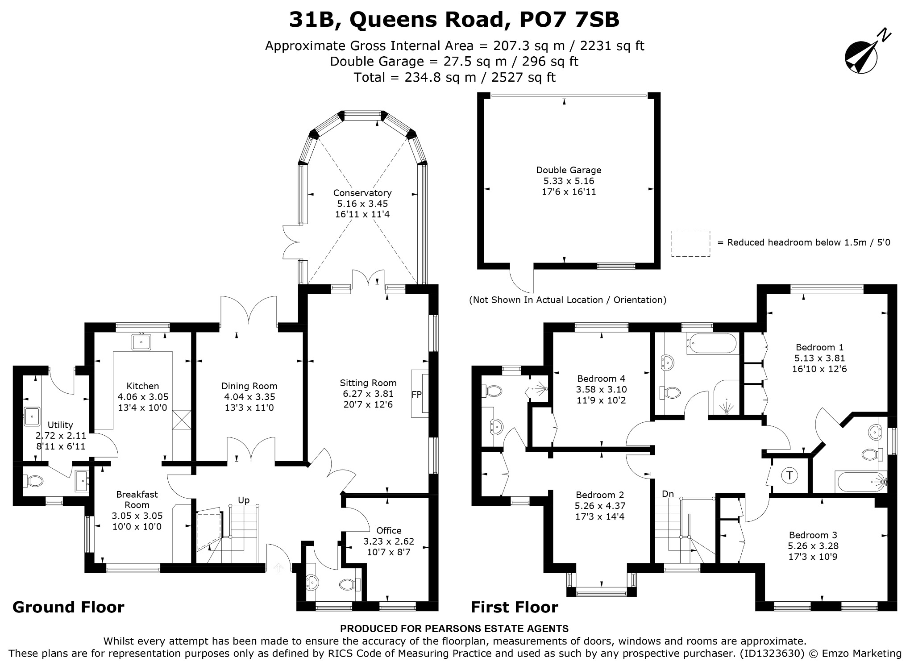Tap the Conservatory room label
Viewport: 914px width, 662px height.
coord(362,193)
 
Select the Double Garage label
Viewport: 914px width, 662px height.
coord(569,170)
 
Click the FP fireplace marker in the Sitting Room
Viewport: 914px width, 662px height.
coord(416,394)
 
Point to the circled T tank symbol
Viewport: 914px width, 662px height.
coord(789,475)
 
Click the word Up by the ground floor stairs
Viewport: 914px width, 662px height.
coord(244,500)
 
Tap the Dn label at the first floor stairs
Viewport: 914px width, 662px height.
coord(668,494)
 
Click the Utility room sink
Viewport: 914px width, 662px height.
coord(32,417)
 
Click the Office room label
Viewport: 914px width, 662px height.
coord(389,530)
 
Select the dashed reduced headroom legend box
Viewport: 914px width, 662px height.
coord(690,244)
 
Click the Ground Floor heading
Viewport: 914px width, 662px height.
coord(68,607)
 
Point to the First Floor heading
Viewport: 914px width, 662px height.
coord(515,607)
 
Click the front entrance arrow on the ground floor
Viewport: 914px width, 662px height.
coord(278,568)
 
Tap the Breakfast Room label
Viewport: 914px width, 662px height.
coord(137,500)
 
